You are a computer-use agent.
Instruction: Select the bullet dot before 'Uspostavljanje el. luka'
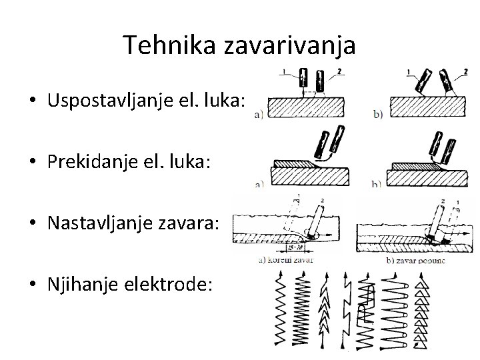click(x=31, y=102)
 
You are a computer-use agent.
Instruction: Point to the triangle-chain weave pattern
click(x=421, y=311)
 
